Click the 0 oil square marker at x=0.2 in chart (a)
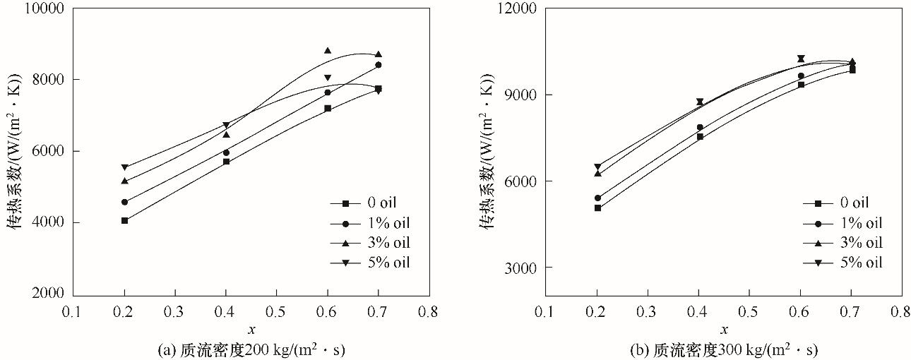[125, 220]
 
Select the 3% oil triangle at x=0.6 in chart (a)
[328, 51]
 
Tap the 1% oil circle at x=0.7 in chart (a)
[379, 65]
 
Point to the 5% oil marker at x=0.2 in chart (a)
[125, 167]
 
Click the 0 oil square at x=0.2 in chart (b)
[597, 208]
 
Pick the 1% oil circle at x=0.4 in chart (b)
[700, 127]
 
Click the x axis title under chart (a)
[251, 329]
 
